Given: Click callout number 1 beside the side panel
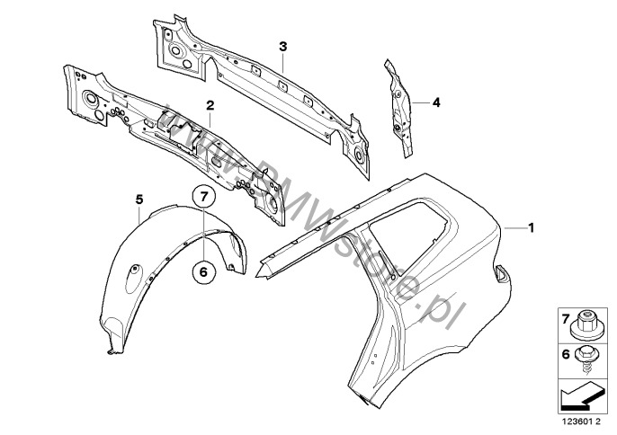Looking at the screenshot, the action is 532,227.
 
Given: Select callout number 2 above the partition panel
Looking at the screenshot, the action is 210,105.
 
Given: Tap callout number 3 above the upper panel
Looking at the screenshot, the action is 283,47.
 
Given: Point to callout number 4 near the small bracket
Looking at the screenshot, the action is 436,102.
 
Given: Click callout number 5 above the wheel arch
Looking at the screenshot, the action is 139,200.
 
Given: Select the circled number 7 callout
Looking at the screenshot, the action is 204,196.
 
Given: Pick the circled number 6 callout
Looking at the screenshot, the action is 204,271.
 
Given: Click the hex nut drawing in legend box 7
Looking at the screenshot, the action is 586,325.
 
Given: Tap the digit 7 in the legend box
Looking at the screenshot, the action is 566,319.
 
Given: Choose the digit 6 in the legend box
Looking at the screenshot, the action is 566,355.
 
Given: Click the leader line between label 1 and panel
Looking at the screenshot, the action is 514,227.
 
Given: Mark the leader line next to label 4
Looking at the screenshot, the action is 421,102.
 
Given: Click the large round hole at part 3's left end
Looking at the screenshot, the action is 175,50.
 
